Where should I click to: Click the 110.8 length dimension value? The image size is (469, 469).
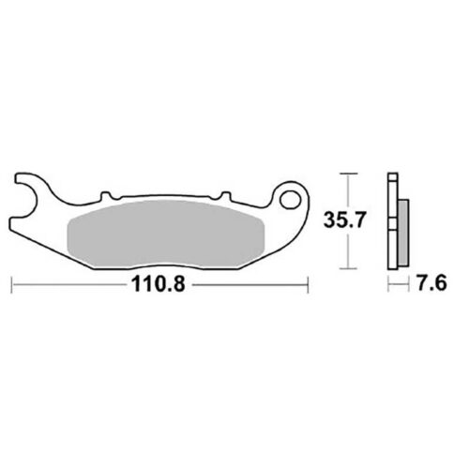pyautogui.click(x=158, y=284)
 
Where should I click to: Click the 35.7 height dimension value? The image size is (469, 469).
pyautogui.click(x=344, y=219)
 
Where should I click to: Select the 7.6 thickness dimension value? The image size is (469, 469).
pyautogui.click(x=432, y=284)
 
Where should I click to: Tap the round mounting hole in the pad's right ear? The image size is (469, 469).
pyautogui.click(x=288, y=201)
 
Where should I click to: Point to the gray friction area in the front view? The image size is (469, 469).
pyautogui.click(x=166, y=234)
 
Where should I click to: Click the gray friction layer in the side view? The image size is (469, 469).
pyautogui.click(x=404, y=233)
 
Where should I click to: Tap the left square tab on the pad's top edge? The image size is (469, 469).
pyautogui.click(x=106, y=196)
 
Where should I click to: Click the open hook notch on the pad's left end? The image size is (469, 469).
pyautogui.click(x=26, y=200)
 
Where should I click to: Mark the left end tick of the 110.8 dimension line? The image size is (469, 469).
pyautogui.click(x=11, y=284)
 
